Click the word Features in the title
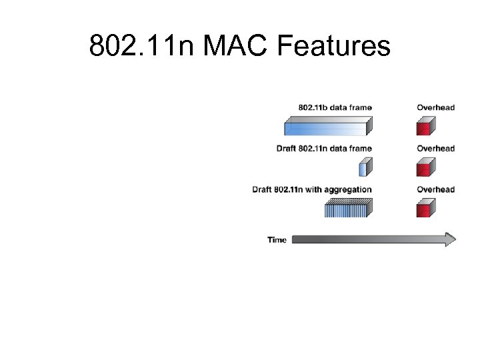click(x=333, y=47)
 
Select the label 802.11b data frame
click(x=335, y=107)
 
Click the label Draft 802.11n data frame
click(x=324, y=148)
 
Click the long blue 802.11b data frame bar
click(x=327, y=127)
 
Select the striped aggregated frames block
click(x=347, y=208)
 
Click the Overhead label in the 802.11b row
click(x=435, y=107)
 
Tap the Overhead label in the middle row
click(x=435, y=148)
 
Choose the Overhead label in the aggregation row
click(x=435, y=189)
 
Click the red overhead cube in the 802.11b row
click(x=425, y=127)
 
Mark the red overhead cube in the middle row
click(x=425, y=167)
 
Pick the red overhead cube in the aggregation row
click(x=425, y=208)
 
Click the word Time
click(x=277, y=240)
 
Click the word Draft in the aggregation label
click(x=262, y=189)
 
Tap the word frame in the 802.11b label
click(x=361, y=107)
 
